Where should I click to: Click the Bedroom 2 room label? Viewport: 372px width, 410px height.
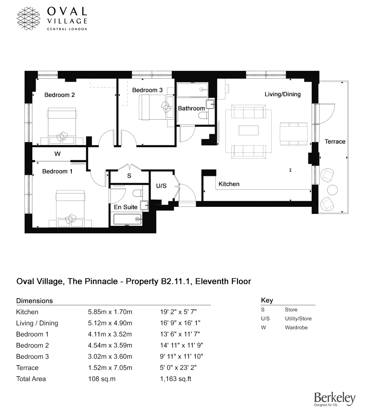point(60,95)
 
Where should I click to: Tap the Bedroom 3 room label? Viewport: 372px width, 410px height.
point(147,90)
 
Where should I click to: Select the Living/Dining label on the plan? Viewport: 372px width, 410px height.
point(282,94)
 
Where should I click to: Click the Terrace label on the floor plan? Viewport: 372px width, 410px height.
point(335,142)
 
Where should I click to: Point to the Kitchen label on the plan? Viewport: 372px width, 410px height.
point(229,184)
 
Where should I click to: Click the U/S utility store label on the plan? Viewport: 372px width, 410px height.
point(161,186)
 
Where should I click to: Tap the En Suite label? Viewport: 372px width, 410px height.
point(126,207)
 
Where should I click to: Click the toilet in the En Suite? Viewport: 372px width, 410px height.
point(137,193)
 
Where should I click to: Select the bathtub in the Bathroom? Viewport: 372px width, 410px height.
point(192,90)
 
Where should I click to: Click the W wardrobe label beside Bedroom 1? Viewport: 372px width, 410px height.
point(57,154)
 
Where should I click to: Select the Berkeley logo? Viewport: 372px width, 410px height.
point(334,399)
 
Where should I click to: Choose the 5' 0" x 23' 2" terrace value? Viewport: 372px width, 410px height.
point(178,368)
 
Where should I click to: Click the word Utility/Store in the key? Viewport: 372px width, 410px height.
point(298,319)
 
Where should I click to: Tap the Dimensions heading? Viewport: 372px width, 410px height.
point(35,301)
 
